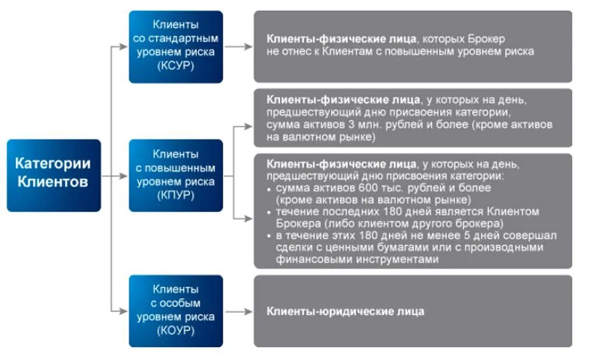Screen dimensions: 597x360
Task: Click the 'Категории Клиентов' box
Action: pos(54,174)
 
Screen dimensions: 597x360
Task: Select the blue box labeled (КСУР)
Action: pos(175,47)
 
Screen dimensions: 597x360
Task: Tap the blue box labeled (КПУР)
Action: pos(175,175)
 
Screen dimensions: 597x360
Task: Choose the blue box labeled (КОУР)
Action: pos(175,310)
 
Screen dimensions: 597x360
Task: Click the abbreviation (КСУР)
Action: pos(175,66)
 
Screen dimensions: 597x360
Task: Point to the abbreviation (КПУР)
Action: pos(175,194)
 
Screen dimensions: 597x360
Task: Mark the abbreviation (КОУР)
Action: pos(175,330)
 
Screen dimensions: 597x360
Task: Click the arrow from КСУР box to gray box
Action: pos(238,47)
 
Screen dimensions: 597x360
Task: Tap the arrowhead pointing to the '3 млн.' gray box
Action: pos(249,125)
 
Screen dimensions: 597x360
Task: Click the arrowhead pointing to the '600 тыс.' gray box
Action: pos(249,219)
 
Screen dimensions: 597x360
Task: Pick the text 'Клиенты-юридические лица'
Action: pos(345,312)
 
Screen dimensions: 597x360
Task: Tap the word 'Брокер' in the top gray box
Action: pos(486,39)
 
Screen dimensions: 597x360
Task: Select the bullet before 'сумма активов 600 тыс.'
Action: pos(269,189)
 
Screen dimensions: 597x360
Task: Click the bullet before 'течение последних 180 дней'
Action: pos(269,211)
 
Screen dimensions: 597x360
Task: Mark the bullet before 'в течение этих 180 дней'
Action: pos(269,236)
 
